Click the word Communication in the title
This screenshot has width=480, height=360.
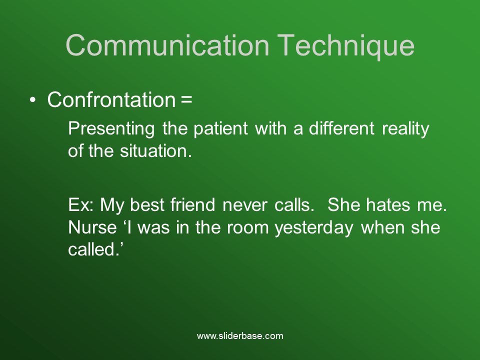pos(167,45)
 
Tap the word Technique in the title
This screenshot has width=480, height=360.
pos(346,45)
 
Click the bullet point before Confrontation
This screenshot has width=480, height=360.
pos(33,100)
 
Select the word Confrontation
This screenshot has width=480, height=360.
pos(110,100)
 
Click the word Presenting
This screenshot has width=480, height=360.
pos(111,129)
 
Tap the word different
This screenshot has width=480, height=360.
pos(341,129)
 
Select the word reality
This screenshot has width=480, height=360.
pos(405,129)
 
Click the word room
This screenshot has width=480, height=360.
pos(248,227)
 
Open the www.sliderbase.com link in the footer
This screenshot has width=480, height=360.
pos(240,336)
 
